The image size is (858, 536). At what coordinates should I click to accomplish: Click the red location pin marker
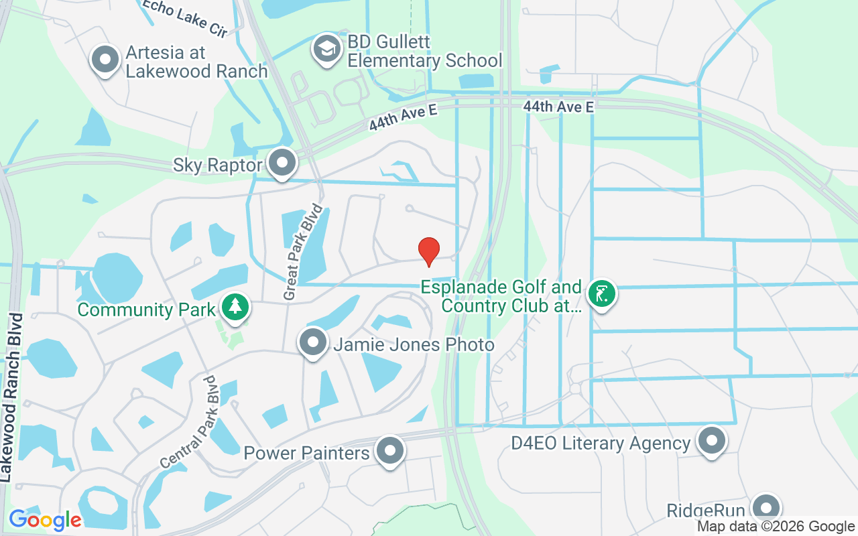point(429,251)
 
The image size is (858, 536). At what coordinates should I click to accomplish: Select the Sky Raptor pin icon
point(282,162)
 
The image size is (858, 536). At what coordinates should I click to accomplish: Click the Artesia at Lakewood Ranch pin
point(105,59)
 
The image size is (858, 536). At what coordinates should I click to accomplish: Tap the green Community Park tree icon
point(235,308)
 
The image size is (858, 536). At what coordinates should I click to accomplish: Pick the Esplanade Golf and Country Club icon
point(601,293)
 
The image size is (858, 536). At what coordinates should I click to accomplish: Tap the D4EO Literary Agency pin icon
point(711,441)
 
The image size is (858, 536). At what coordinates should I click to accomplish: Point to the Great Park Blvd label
point(304,253)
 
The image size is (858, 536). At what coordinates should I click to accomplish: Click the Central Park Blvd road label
point(190,422)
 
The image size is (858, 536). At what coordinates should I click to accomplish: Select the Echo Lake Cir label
point(184,16)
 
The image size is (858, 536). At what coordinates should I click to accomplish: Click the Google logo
point(45,519)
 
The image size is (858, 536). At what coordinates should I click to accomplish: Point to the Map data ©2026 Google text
point(776,527)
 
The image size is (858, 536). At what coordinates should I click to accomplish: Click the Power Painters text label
point(306,454)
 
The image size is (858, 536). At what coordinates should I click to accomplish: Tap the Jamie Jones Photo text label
point(414,345)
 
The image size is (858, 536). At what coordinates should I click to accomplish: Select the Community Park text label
point(147,310)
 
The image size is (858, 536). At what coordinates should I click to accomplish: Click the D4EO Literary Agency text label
point(600,444)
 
